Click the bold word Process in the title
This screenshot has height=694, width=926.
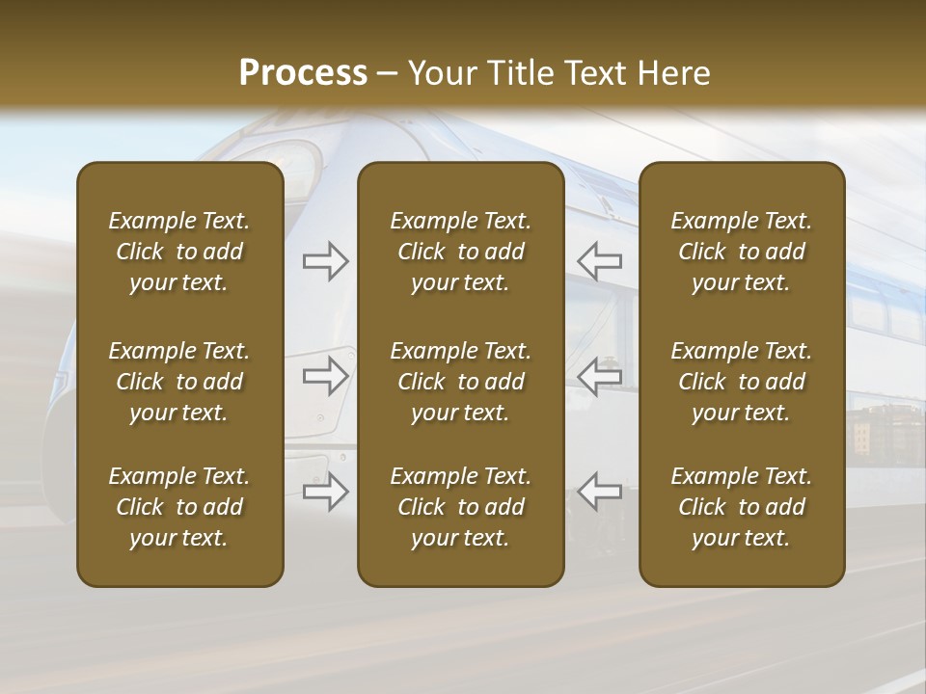(x=303, y=73)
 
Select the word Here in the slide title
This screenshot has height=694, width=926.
(x=673, y=73)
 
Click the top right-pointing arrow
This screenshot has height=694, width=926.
(x=326, y=261)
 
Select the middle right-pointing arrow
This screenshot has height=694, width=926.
(x=326, y=376)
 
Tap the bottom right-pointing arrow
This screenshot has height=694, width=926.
(x=326, y=491)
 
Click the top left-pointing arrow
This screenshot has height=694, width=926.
(x=600, y=261)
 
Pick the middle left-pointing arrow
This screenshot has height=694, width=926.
(x=600, y=376)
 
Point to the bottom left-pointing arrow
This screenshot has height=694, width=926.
(x=600, y=491)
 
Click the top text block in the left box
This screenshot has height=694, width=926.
(x=179, y=252)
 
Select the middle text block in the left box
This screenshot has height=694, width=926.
(x=179, y=382)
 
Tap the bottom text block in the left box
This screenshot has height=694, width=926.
(x=179, y=507)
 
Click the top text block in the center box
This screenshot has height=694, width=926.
(x=461, y=252)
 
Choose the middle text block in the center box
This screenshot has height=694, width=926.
(x=461, y=382)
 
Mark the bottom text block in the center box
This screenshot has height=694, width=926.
(x=461, y=507)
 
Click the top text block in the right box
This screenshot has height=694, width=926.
(x=742, y=252)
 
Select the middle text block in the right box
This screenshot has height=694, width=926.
(x=742, y=382)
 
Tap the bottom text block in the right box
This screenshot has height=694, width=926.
(x=742, y=507)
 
